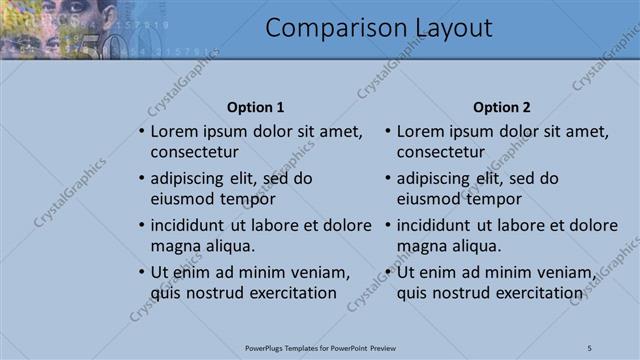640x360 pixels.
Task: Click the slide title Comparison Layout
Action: [x=378, y=28]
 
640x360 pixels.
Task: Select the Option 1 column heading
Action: [x=255, y=107]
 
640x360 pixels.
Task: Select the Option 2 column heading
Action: [x=502, y=107]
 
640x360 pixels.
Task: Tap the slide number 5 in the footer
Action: [x=590, y=348]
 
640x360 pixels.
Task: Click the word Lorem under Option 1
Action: [x=175, y=131]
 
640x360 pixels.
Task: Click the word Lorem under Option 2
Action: [x=422, y=131]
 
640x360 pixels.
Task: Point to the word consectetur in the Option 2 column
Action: [x=443, y=153]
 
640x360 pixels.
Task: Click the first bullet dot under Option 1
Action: [x=141, y=132]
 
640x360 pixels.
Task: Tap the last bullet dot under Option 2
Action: [x=388, y=273]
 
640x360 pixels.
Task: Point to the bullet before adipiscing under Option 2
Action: [x=388, y=179]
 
